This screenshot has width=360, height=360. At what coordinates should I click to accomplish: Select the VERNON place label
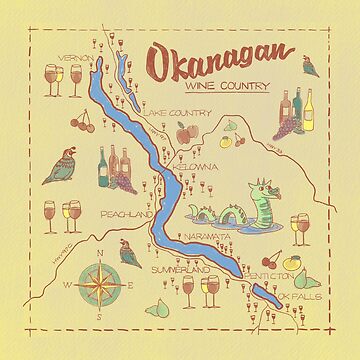75,58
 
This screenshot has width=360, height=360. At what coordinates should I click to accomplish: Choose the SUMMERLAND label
180,270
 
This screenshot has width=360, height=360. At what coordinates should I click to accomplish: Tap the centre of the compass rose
82,284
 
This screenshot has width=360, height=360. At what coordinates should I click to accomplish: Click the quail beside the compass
128,255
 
